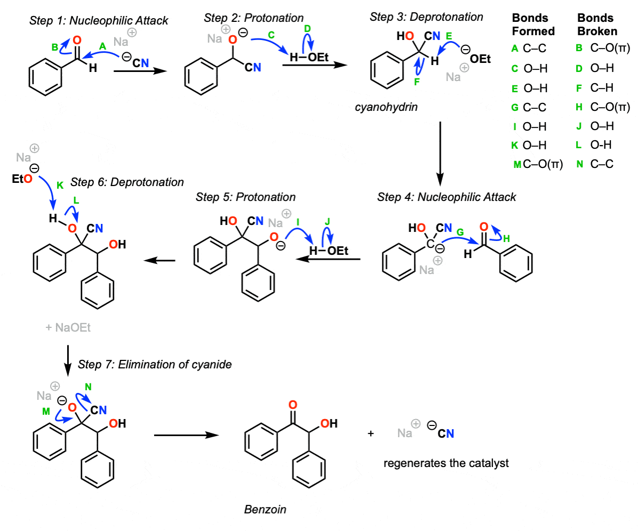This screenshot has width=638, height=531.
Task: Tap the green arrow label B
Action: pos(54,48)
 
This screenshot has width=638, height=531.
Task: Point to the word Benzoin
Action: pos(265,509)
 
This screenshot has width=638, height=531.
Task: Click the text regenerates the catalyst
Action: pos(446,463)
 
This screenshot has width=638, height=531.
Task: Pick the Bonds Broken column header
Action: pos(597,25)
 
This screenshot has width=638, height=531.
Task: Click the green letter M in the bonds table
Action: pos(517,165)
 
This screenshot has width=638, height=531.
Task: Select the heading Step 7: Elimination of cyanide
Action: pos(155,365)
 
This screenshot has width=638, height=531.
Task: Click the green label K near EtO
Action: pos(59,184)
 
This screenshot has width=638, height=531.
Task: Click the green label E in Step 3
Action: pos(449,36)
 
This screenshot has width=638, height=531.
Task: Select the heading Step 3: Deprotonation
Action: pos(426,17)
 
